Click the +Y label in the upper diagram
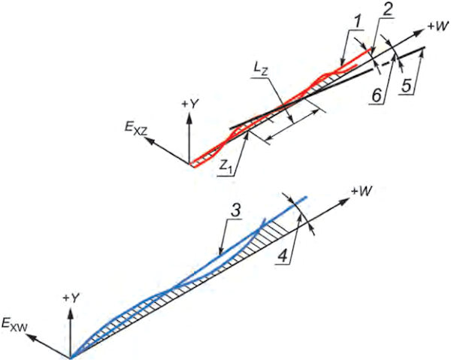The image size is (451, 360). pyautogui.click(x=192, y=102)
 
